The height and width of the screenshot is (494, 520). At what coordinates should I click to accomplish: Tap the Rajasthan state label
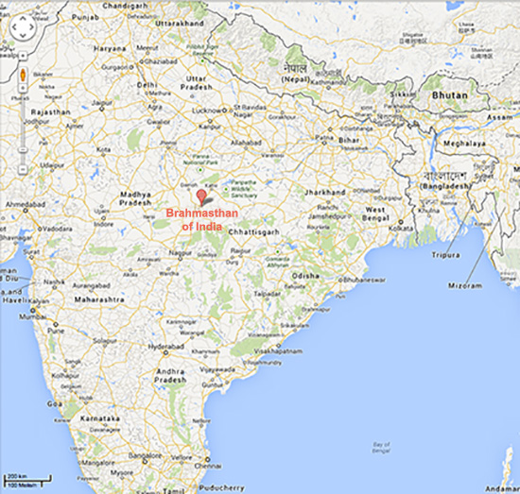pyautogui.click(x=51, y=111)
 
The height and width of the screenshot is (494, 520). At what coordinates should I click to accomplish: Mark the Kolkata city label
pyautogui.click(x=404, y=227)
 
